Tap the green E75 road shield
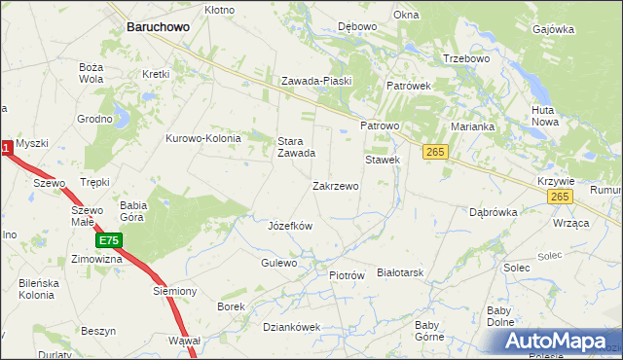108,239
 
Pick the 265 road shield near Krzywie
558,197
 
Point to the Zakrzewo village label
335,185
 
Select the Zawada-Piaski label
315,81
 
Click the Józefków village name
289,226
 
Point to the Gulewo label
279,264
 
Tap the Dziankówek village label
291,327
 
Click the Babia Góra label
132,211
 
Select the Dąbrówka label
492,211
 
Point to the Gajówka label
553,29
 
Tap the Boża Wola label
91,73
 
